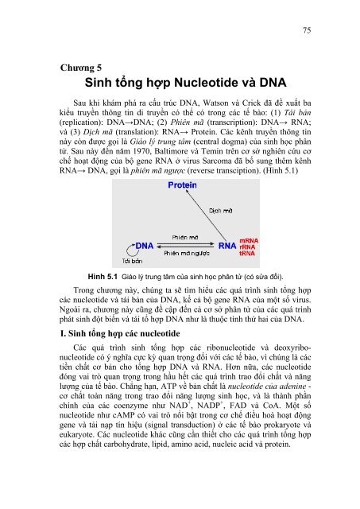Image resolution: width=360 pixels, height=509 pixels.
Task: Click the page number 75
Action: click(305, 31)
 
